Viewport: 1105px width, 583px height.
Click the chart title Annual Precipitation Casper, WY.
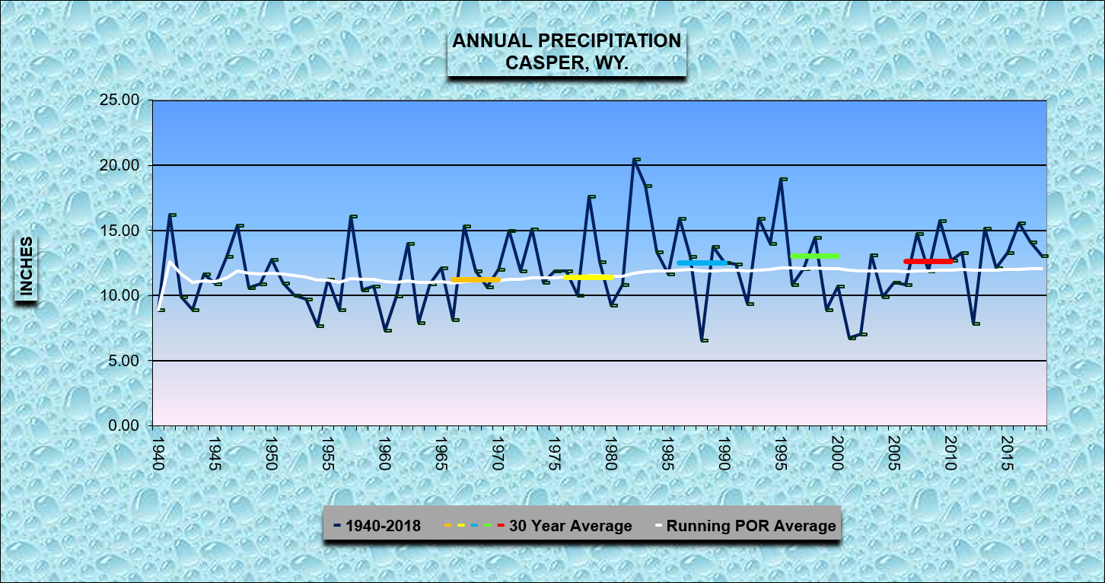pyautogui.click(x=567, y=52)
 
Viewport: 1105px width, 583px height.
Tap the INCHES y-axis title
pyautogui.click(x=27, y=266)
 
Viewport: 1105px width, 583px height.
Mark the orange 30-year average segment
pyautogui.click(x=475, y=280)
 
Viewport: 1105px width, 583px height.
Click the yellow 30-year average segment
pyautogui.click(x=588, y=277)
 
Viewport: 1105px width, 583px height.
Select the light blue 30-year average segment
pyautogui.click(x=702, y=263)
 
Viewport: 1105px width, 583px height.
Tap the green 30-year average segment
pyautogui.click(x=815, y=256)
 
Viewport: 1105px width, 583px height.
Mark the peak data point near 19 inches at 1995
pyautogui.click(x=782, y=180)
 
